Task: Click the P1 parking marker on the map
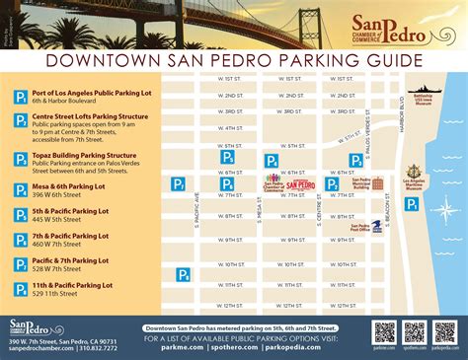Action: [412, 203]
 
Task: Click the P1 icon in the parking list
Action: [20, 96]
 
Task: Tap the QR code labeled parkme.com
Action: [384, 331]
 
